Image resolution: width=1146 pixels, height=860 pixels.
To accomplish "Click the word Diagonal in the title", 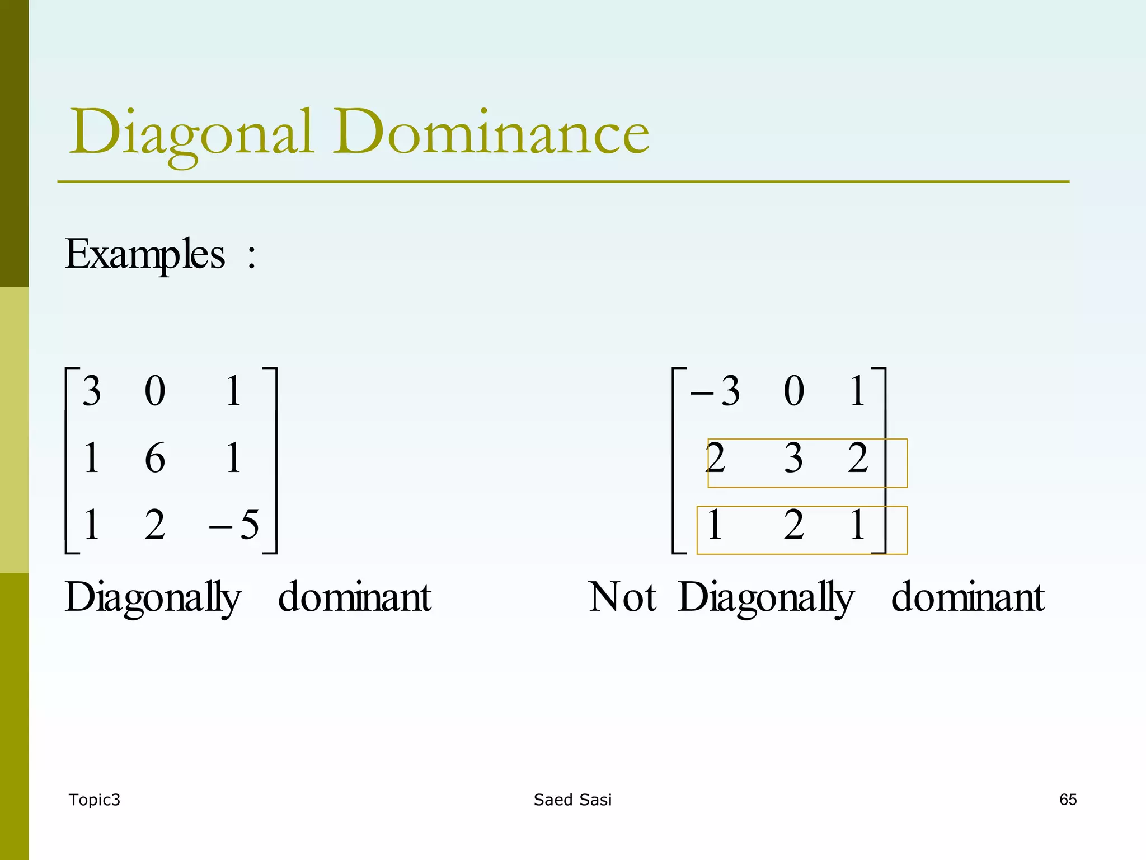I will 190,133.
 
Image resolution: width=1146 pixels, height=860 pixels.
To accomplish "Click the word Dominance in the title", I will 491,133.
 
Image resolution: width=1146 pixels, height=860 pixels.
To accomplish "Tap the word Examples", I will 145,255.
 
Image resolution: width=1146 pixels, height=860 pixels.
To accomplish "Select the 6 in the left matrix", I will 155,458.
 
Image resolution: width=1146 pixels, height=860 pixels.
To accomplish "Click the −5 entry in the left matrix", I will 234,525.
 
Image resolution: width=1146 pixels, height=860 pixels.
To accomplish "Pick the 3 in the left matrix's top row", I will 92,391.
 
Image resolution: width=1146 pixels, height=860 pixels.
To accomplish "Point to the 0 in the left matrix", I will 155,391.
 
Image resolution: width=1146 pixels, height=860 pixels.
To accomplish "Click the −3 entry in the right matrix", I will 716,391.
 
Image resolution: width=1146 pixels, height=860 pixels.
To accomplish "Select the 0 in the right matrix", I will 793,391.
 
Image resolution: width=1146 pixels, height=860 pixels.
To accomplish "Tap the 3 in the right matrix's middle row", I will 793,458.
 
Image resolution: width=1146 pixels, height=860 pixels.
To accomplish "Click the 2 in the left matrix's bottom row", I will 155,525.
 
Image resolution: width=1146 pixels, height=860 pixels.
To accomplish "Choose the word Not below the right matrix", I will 622,597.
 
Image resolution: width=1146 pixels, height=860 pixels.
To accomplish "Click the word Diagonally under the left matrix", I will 153,597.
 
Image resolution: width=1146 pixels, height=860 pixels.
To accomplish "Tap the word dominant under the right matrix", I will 967,597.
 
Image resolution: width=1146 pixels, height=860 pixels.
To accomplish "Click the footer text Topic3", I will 94,800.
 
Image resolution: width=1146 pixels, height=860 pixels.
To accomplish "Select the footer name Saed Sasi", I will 572,800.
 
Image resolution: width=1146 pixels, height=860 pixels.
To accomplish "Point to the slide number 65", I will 1068,800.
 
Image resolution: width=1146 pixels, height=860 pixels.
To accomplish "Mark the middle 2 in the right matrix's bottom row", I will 793,525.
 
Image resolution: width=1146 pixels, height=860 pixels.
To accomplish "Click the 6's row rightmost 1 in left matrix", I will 234,458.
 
